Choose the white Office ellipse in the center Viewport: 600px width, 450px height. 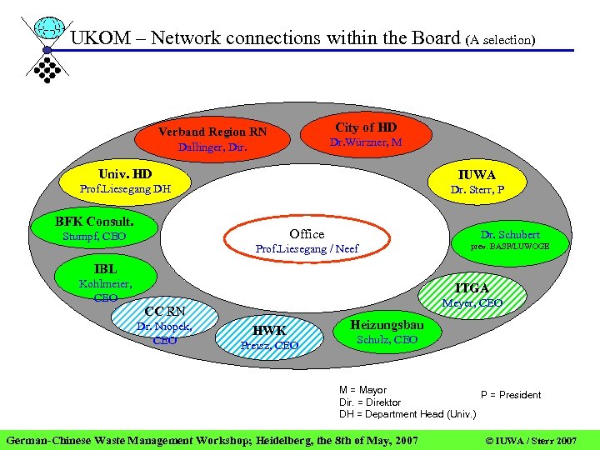tap(307, 241)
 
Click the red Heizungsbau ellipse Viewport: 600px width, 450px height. tap(387, 332)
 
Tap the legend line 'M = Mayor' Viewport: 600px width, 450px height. tap(362, 390)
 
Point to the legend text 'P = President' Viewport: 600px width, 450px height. tap(510, 395)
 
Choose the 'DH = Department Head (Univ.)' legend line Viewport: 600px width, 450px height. tap(407, 414)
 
